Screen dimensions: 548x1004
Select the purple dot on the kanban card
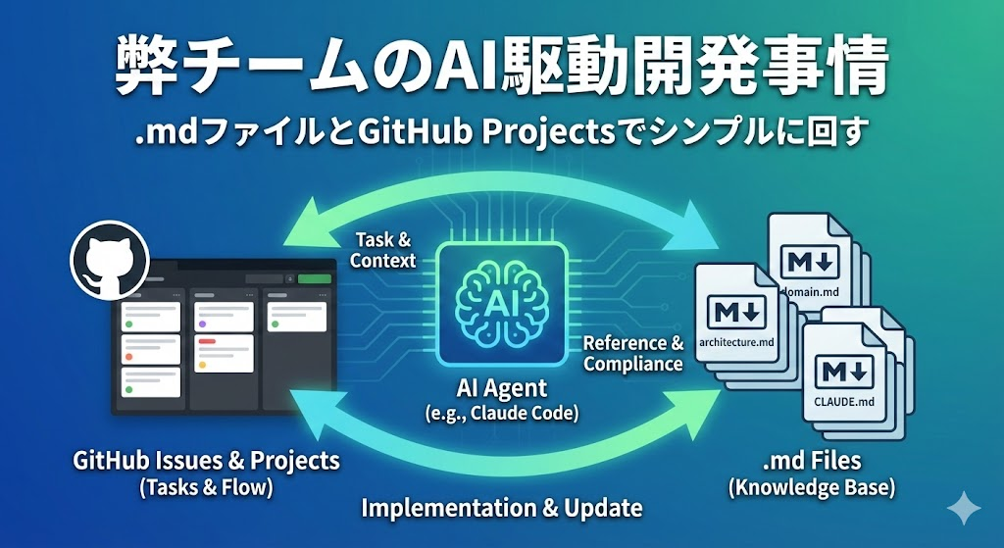(x=201, y=323)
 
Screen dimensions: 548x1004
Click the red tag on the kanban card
(x=206, y=343)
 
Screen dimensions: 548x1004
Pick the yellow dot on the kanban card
(x=201, y=365)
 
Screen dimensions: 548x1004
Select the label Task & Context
(x=382, y=251)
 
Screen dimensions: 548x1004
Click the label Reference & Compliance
(x=633, y=354)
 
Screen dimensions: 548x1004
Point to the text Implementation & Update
(x=502, y=508)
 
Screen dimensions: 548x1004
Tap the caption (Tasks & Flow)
(x=205, y=486)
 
